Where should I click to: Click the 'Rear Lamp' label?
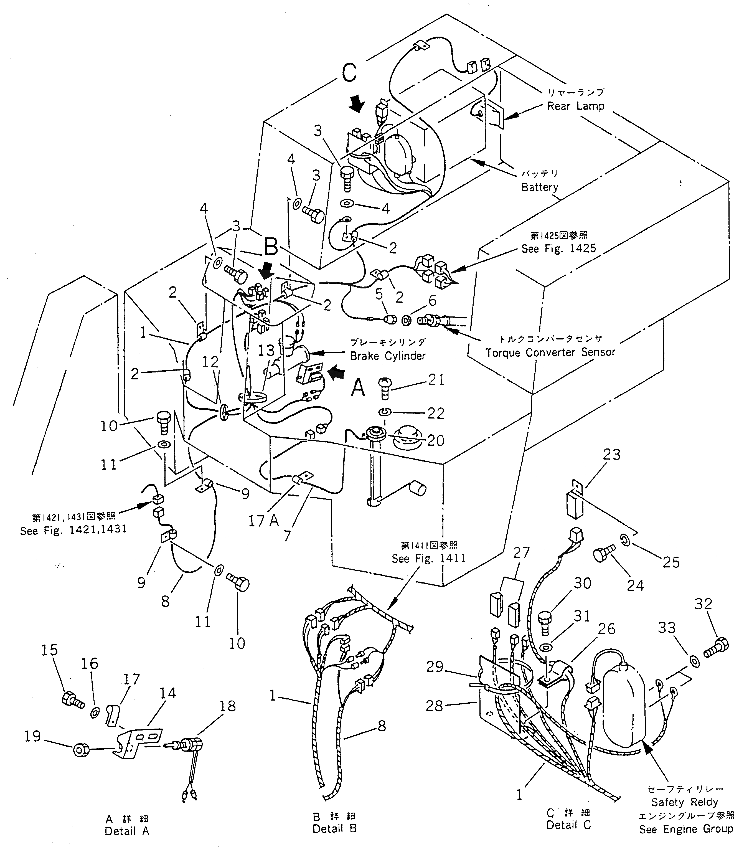(575, 106)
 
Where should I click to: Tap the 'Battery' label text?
(539, 187)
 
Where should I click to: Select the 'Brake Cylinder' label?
(387, 356)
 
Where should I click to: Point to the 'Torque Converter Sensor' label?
(550, 352)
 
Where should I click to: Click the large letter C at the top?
(349, 73)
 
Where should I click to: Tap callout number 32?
(703, 604)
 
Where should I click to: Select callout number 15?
(50, 650)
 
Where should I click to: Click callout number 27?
(521, 552)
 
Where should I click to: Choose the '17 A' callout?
(263, 521)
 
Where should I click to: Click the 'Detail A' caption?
(127, 831)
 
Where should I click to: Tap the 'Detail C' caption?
(568, 825)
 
